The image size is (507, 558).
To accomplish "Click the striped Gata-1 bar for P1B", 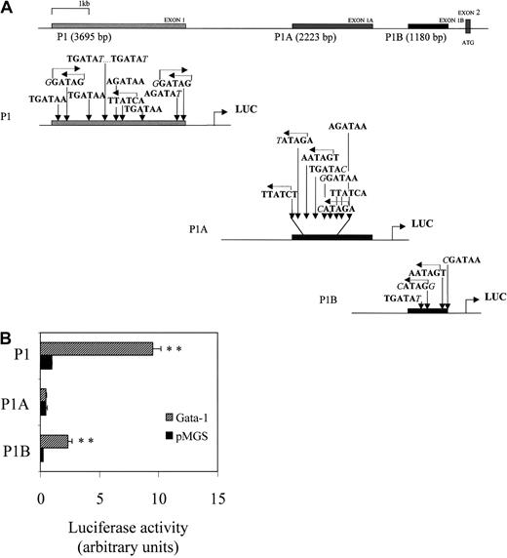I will tap(54, 440).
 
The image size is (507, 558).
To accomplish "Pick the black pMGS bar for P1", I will tap(46, 362).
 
